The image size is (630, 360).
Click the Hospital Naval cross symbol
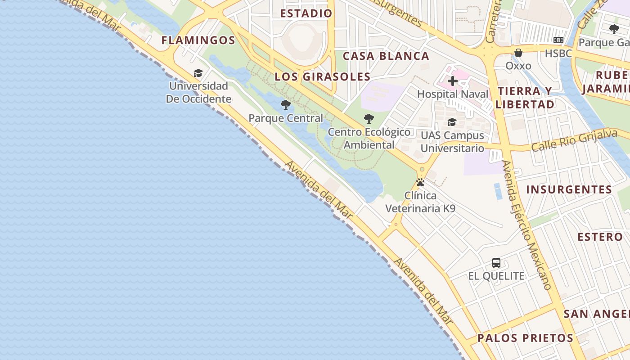453,81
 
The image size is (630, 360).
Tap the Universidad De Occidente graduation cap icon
198,73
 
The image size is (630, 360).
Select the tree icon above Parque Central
285,105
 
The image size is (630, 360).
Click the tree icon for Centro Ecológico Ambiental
369,119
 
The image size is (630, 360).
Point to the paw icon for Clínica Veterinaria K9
420,182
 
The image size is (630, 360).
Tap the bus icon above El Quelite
496,263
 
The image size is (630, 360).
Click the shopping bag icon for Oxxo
518,53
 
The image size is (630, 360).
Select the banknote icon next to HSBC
558,40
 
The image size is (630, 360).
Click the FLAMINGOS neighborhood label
198,40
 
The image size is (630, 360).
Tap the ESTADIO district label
306,13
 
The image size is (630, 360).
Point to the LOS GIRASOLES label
322,76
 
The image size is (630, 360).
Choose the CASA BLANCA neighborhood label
386,56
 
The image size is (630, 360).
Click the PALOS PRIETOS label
525,338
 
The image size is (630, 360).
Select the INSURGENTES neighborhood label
569,189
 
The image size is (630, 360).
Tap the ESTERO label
600,237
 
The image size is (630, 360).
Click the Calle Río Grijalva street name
574,140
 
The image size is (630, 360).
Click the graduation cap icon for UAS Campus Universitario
452,122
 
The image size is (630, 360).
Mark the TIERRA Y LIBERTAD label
525,98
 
